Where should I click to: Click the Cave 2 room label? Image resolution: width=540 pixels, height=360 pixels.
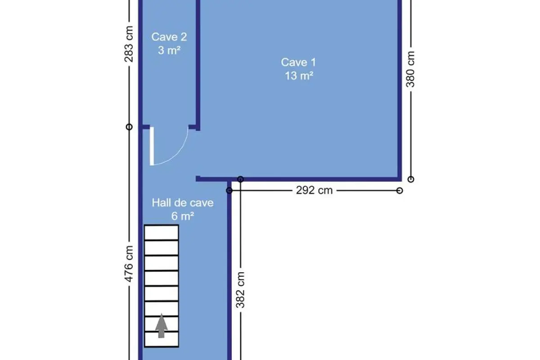(x=169, y=37)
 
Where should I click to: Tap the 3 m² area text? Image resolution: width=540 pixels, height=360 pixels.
(x=169, y=50)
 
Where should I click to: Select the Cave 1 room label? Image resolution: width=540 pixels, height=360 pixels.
(x=298, y=63)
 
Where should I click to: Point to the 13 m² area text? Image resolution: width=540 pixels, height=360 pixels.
(x=299, y=76)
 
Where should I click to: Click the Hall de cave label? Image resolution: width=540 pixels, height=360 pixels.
(x=183, y=203)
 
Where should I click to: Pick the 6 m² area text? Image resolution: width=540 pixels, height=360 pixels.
(x=183, y=216)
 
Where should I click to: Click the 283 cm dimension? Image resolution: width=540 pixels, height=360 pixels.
(x=129, y=44)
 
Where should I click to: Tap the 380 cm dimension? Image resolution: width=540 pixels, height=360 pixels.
(x=410, y=69)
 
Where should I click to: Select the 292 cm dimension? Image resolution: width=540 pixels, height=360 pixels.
(x=315, y=190)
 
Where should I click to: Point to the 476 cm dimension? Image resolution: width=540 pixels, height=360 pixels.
(x=129, y=264)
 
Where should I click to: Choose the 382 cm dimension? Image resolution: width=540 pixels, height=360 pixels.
(x=240, y=290)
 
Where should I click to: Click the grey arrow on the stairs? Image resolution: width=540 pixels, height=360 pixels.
(x=161, y=325)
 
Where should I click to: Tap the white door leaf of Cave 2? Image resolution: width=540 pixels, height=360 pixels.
(x=152, y=146)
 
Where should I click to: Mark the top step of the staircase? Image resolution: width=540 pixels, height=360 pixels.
(x=161, y=233)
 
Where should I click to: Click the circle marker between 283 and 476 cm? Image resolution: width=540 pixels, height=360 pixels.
(x=129, y=127)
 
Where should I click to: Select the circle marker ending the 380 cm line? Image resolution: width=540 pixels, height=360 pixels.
(x=411, y=179)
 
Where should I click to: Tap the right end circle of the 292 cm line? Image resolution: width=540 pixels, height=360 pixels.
(x=400, y=191)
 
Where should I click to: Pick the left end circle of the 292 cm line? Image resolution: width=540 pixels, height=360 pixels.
(x=229, y=191)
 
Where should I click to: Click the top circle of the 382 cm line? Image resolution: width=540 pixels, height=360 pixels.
(x=240, y=179)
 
